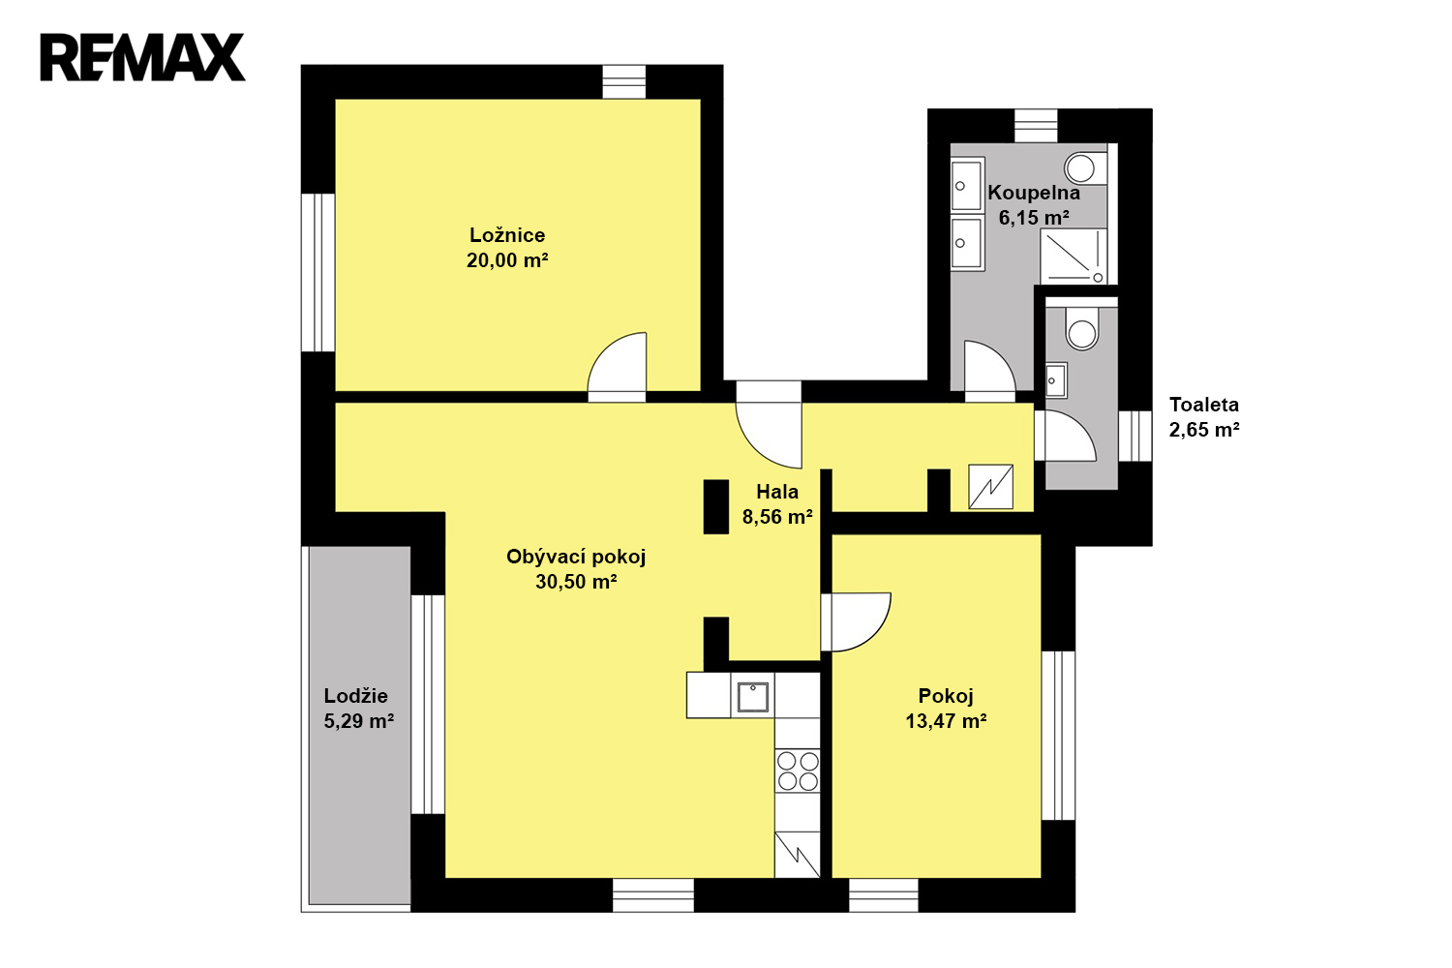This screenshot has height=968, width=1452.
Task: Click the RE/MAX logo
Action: pos(142,58)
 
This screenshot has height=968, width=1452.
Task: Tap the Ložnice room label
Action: pos(507,234)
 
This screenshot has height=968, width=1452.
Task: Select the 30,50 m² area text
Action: pos(576,582)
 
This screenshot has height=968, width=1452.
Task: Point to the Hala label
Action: pos(777,492)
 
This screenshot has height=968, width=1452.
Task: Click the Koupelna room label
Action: pos(1033,193)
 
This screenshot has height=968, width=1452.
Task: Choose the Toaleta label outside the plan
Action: pos(1204,405)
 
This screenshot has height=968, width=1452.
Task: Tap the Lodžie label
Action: pos(356,696)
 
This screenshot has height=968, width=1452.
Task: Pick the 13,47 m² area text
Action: pos(946,721)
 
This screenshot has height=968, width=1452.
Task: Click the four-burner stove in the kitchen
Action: pos(798,771)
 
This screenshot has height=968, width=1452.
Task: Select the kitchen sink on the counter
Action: pos(752,696)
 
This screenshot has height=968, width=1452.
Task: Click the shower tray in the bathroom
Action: pos(1073,256)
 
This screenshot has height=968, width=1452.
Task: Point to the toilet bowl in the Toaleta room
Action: pos(1081,329)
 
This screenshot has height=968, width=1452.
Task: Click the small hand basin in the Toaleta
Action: pos(1056,379)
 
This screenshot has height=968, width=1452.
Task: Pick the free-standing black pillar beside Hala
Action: pos(716,507)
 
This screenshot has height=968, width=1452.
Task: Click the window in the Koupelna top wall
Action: pos(1036,126)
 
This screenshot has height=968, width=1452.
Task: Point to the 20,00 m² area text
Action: pos(507,260)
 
